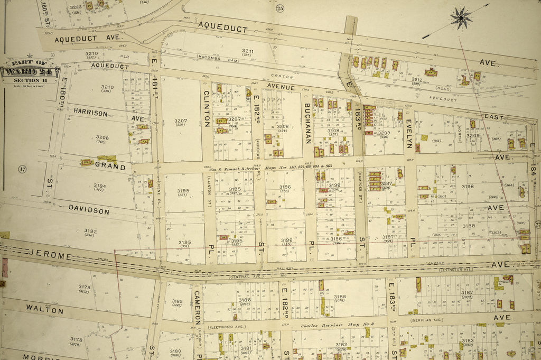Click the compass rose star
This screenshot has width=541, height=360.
click(461, 18)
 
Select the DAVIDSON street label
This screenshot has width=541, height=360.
click(89, 210)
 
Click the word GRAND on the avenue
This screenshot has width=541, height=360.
click(110, 167)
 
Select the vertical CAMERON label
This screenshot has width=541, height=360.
click(197, 307)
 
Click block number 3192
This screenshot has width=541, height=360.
click(90, 231)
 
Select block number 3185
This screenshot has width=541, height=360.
click(177, 302)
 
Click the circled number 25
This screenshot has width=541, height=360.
click(279, 7)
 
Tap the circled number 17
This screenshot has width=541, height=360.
click(22, 169)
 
